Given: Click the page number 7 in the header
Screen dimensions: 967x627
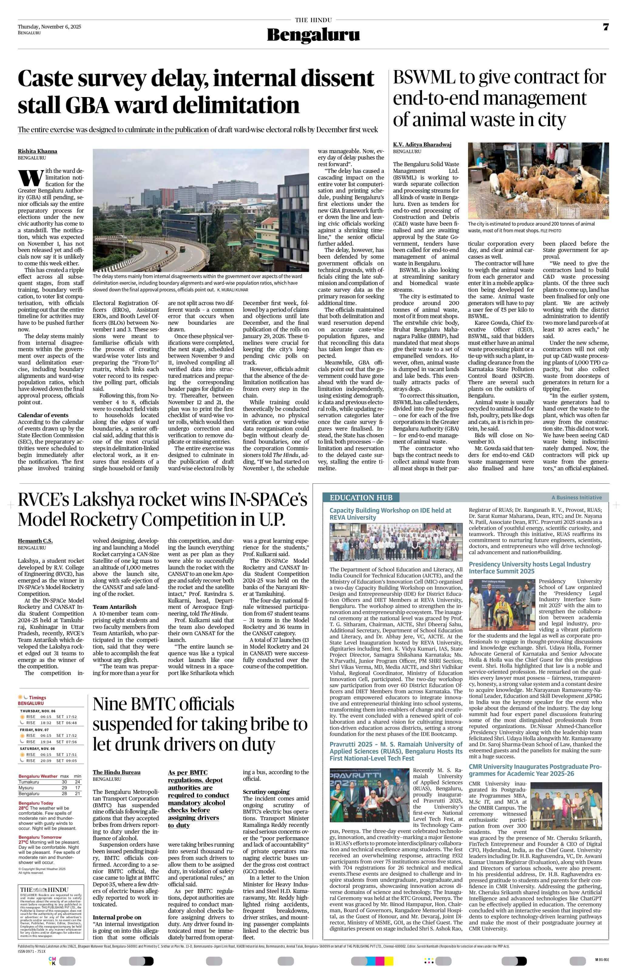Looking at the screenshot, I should [605, 27].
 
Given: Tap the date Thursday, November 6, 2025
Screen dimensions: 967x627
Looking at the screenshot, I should [49, 27].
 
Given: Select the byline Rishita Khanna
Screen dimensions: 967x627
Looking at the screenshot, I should [37, 151].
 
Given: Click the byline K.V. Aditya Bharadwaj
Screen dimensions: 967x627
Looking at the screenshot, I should [422, 144].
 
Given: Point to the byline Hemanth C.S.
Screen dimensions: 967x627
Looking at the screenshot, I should [35, 541].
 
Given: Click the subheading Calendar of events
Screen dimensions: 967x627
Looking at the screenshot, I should [43, 415].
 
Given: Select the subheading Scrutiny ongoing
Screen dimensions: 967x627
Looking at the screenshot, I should [266, 792].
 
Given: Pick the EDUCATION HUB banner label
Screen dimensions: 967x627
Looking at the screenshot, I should [361, 498].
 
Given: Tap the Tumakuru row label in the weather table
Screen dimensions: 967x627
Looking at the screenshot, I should [29, 782].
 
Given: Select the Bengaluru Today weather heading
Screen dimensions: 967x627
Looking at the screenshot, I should [36, 803].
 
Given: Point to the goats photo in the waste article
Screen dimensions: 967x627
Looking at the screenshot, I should [538, 180].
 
